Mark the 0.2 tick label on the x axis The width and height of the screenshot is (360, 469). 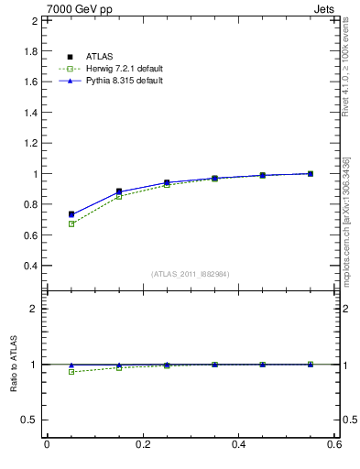pos(142,444)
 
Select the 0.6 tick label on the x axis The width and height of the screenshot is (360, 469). pos(334,444)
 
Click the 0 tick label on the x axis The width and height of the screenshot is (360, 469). pos(47,444)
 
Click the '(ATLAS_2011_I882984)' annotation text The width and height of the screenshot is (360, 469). pos(191,274)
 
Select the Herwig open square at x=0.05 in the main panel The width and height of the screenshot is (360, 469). pos(71,224)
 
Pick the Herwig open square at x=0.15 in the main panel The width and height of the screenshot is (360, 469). pos(119,196)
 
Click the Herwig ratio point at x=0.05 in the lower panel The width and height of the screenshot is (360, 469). pos(71,371)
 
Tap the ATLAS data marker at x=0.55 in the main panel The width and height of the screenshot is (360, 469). pos(311,173)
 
